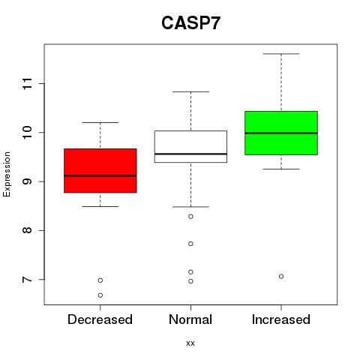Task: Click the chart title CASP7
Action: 190,23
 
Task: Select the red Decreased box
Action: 100,171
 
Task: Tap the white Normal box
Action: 190,146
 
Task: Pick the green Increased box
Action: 281,133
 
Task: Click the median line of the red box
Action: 100,175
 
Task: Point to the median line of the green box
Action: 281,133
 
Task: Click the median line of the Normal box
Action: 190,154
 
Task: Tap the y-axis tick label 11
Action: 28,83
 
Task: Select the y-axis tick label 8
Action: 28,230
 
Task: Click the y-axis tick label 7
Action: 28,279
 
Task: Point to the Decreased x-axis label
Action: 100,319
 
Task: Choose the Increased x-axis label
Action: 281,319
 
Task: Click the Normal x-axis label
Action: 190,319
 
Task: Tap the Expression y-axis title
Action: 7,174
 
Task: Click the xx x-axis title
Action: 190,343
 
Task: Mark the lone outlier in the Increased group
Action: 281,276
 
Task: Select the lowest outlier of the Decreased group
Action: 100,295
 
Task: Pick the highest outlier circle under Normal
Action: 190,217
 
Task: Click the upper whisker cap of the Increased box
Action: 281,54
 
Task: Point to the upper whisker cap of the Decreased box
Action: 100,122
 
